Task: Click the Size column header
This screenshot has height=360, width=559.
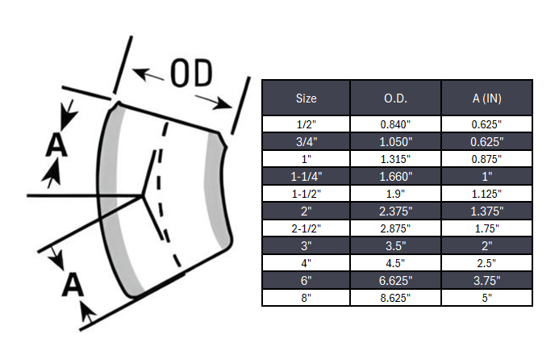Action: (306, 98)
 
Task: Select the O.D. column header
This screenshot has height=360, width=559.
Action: (395, 98)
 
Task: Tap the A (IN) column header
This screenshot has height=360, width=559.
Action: (486, 98)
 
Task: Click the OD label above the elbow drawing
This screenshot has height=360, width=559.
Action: (191, 74)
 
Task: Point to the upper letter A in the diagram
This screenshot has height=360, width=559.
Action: (56, 144)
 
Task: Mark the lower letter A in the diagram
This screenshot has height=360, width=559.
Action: (73, 285)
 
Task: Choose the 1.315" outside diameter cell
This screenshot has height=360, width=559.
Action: (395, 159)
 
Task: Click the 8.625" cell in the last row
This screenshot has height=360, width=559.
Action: (395, 299)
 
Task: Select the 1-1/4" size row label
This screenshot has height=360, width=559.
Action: (306, 176)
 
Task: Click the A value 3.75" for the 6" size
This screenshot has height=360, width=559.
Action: (486, 281)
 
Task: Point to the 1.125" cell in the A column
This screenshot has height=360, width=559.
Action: (486, 194)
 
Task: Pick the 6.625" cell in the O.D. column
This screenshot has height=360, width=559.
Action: (395, 281)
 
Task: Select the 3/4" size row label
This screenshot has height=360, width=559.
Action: (306, 141)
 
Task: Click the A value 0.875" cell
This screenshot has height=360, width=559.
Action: (486, 159)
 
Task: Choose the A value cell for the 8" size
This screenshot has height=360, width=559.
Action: (486, 299)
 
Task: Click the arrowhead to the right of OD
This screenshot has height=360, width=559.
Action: (225, 103)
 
